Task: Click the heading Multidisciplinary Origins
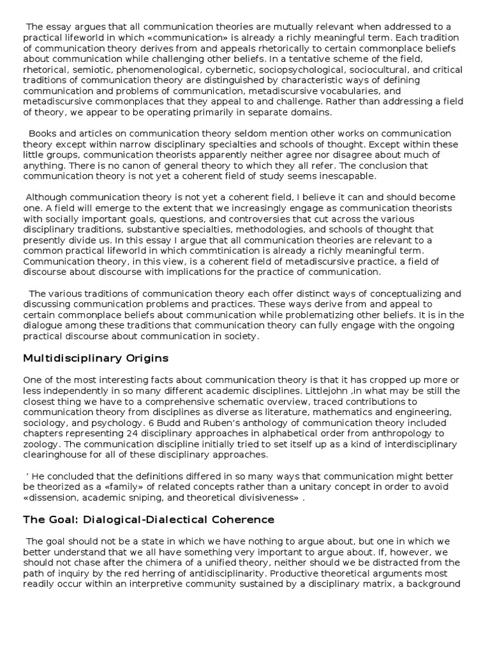pyautogui.click(x=96, y=358)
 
